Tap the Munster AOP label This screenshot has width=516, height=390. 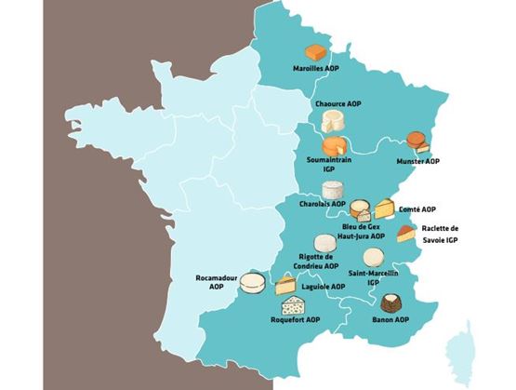[417, 161]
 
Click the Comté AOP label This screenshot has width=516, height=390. [418, 209]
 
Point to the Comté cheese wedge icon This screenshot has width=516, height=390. [384, 207]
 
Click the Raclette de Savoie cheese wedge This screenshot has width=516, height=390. [405, 233]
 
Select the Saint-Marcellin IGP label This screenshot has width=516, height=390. [373, 277]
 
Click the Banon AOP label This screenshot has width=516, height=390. [390, 320]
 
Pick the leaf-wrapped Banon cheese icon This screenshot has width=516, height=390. [390, 303]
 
